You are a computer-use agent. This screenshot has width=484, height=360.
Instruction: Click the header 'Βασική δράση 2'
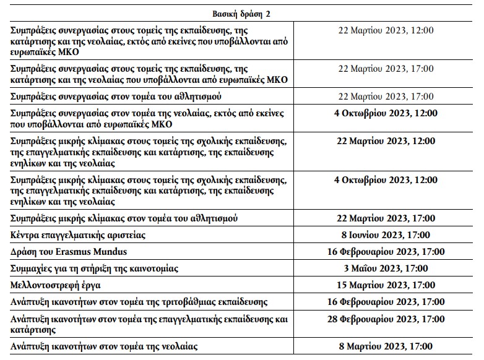[241, 14]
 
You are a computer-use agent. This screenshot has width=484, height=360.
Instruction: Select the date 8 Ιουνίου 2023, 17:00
[386, 235]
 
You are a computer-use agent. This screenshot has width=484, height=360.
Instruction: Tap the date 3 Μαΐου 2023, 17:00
[386, 268]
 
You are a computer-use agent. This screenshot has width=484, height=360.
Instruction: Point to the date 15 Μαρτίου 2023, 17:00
[386, 285]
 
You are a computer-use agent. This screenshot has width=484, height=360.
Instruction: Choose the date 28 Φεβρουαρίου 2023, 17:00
[386, 319]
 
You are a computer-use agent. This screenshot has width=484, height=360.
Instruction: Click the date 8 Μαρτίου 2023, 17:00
[386, 346]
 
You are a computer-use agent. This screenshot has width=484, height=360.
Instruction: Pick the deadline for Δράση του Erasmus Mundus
[386, 252]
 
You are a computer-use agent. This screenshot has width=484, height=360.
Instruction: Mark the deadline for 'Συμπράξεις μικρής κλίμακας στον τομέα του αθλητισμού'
[386, 218]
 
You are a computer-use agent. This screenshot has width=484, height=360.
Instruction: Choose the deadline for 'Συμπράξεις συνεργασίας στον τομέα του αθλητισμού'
[386, 96]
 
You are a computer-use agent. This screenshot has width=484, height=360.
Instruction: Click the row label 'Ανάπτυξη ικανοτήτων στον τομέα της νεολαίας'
[105, 347]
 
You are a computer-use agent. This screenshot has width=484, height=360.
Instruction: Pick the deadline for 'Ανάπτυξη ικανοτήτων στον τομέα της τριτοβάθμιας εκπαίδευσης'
[386, 302]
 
